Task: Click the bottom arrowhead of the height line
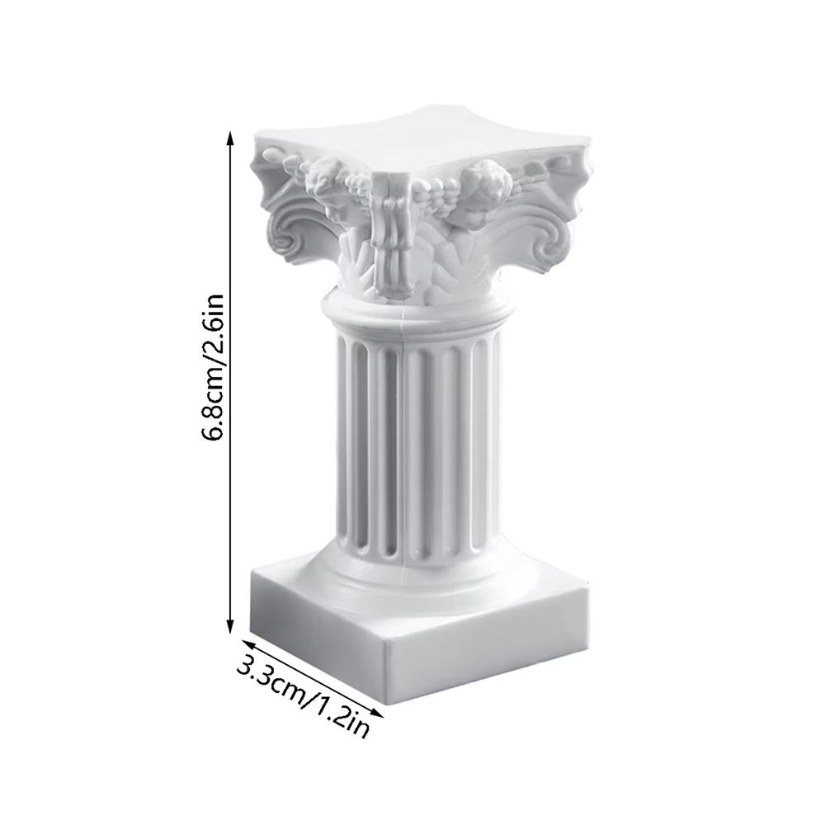pos(230,630)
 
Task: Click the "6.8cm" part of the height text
pos(212,404)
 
